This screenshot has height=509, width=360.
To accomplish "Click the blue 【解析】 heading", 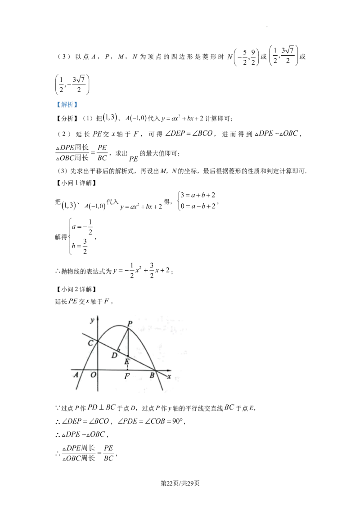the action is coord(67,104).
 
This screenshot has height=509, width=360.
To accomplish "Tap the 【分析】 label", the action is coord(67,119).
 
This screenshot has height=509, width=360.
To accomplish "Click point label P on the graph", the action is coord(130,323).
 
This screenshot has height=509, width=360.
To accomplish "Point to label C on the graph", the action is coord(91,343).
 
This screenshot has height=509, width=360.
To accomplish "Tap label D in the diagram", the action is coord(114,356).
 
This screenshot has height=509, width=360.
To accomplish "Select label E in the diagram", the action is coord(127,362).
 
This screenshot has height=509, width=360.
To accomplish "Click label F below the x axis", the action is coord(127,376).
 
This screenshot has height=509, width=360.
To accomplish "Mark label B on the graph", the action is coord(152,376).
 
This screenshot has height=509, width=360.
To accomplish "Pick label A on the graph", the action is coord(76,375).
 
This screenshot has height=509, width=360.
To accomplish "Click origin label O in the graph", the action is coord(93,375).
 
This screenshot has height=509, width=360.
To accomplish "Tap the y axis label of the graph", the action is coord(92,321).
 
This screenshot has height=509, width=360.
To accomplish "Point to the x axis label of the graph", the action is coord(169,377).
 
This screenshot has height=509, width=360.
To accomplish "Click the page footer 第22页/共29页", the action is coord(180,483).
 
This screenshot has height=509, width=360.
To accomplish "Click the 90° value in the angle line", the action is coord(178,421).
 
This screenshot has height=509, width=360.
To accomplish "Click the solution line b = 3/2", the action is coord(80,246).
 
